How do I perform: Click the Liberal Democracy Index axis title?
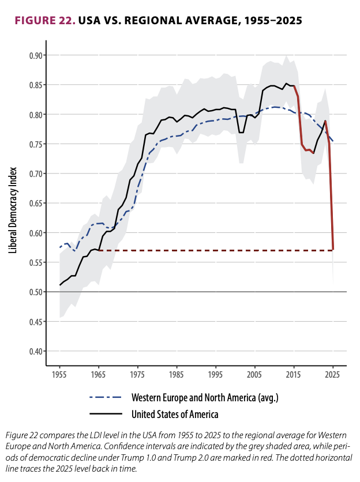[x=13, y=210]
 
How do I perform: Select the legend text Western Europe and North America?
[x=205, y=398]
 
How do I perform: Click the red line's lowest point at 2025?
[x=333, y=250]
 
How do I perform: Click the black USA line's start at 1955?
[x=60, y=285]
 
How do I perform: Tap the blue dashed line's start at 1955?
[x=60, y=247]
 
